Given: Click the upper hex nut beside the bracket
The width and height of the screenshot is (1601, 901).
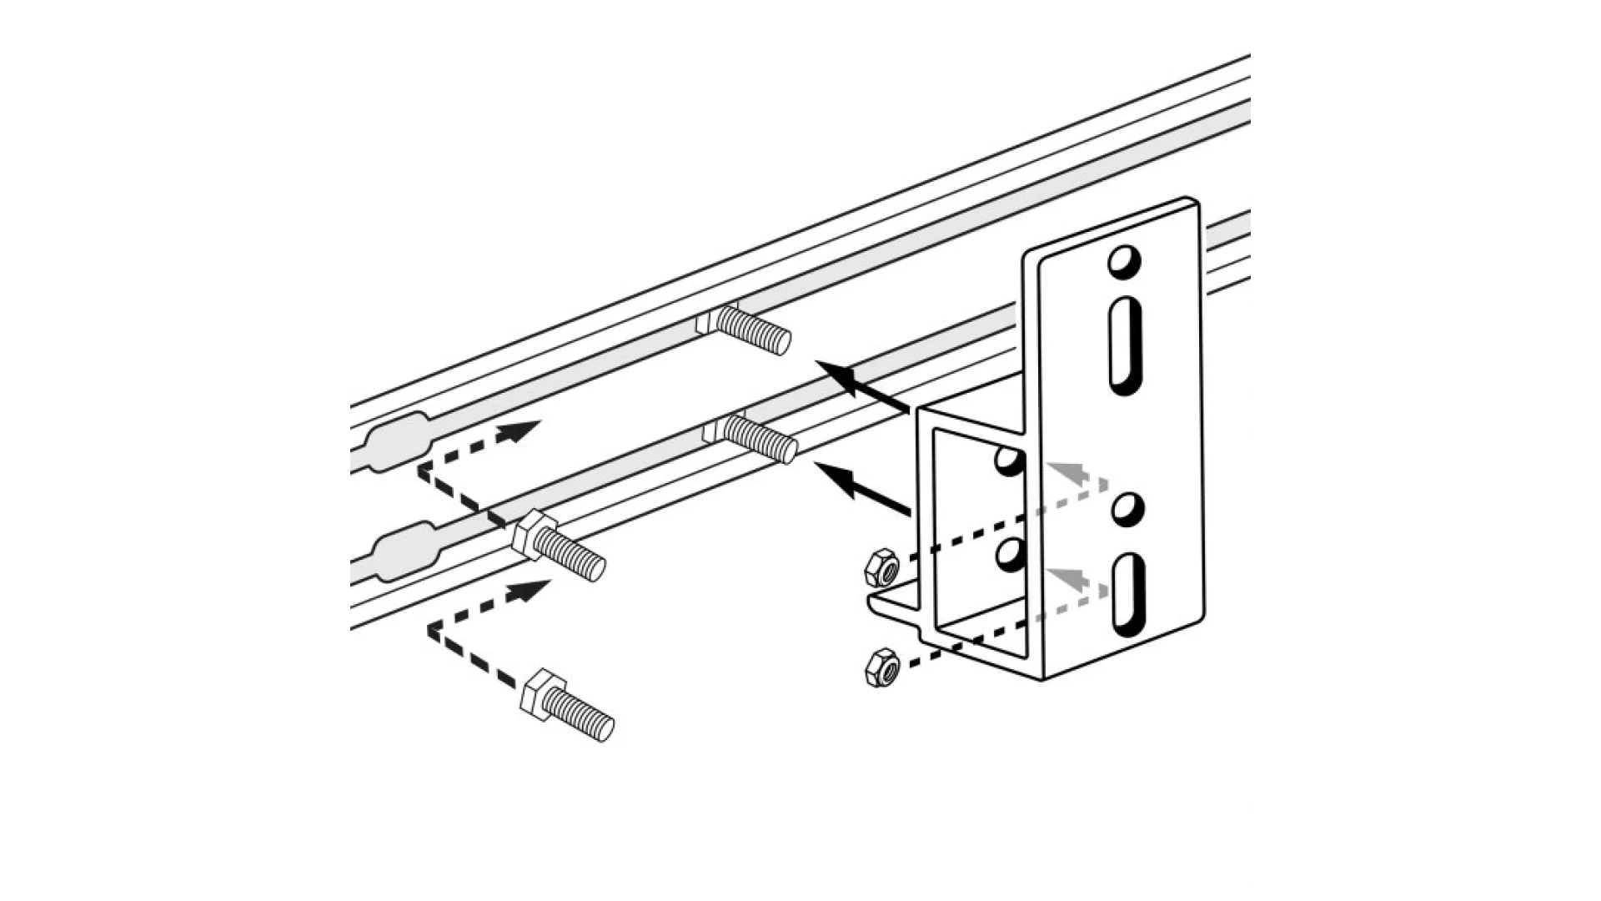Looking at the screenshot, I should tap(881, 569).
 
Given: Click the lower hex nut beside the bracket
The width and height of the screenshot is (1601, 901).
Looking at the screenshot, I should tap(881, 667).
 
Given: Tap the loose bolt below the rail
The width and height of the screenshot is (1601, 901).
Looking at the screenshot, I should tap(567, 706).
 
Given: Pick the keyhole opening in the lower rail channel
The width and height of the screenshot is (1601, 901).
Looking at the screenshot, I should tap(404, 550).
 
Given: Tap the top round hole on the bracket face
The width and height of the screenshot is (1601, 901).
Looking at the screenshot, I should tap(1123, 262).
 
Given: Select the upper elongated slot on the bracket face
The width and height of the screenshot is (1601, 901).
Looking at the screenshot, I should tap(1126, 345).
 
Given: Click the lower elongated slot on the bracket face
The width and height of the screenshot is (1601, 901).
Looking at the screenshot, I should tap(1127, 596).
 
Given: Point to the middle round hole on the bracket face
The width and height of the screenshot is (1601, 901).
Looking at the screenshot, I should tap(1127, 509).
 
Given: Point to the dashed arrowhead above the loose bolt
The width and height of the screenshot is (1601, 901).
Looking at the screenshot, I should tap(528, 591).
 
